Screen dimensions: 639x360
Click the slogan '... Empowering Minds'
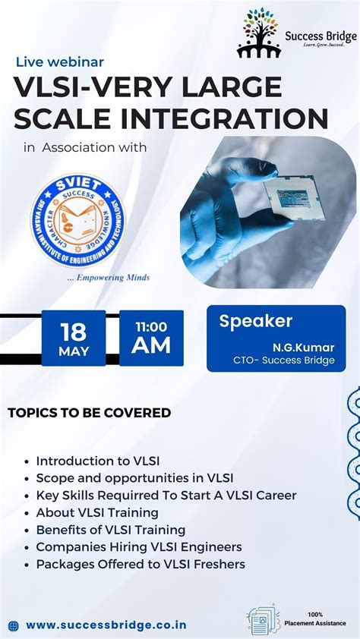108,277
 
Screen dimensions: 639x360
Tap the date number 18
74,330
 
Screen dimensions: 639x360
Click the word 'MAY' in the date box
74,351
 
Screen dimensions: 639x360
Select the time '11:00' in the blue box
151,326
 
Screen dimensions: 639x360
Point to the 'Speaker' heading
255,321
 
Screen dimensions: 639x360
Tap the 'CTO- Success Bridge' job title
284,360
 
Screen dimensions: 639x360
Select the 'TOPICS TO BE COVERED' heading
89,413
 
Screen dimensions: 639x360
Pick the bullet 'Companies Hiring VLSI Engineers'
139,546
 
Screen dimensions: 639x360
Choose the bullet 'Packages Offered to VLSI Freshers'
141,564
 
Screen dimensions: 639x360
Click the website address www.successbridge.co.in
106,625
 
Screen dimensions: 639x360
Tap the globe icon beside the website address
13,625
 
